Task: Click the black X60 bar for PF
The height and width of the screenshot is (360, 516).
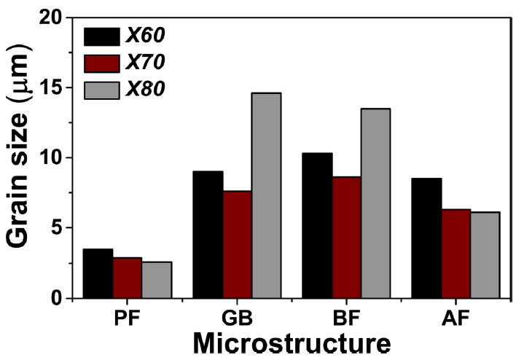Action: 98,273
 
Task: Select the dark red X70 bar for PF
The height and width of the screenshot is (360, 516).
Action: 127,278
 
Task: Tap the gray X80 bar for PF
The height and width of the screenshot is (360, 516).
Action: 156,280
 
